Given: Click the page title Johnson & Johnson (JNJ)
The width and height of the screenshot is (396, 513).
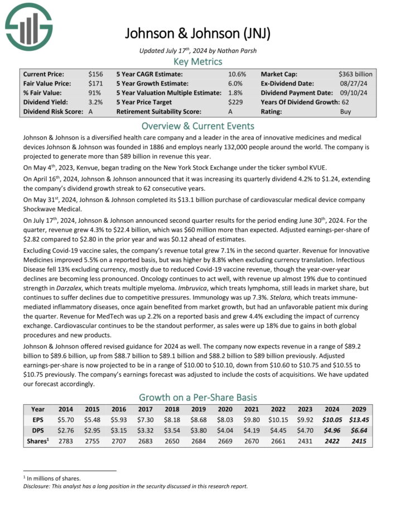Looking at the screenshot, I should [x=197, y=33].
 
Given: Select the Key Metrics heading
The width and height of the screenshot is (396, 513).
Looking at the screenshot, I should [x=197, y=61].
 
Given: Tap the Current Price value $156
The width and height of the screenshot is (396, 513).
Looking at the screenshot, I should [x=95, y=74].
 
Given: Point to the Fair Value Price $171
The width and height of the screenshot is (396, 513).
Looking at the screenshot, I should [x=95, y=83].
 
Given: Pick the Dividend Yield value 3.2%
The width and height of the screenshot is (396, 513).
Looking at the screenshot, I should [x=95, y=102].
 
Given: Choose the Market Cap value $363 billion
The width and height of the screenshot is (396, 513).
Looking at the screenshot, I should [x=355, y=74].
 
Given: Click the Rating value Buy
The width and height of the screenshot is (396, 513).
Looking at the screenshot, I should [x=346, y=112].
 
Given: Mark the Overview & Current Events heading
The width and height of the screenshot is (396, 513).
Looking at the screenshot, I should [x=197, y=126].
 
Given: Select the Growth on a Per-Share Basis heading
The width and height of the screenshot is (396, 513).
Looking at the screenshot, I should [x=197, y=397].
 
